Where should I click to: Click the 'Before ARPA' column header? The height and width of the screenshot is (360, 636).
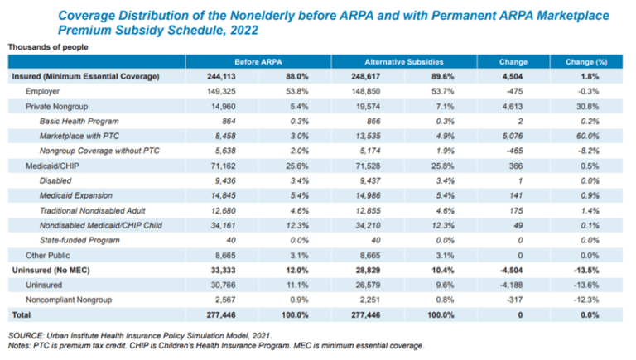pos(258,61)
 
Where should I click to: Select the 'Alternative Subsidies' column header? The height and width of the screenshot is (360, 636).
pos(402,61)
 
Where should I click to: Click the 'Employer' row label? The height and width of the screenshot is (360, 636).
pos(43,91)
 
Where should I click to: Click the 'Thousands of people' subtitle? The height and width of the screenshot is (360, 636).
pos(48,46)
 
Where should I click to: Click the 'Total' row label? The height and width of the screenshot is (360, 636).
pos(19,314)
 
